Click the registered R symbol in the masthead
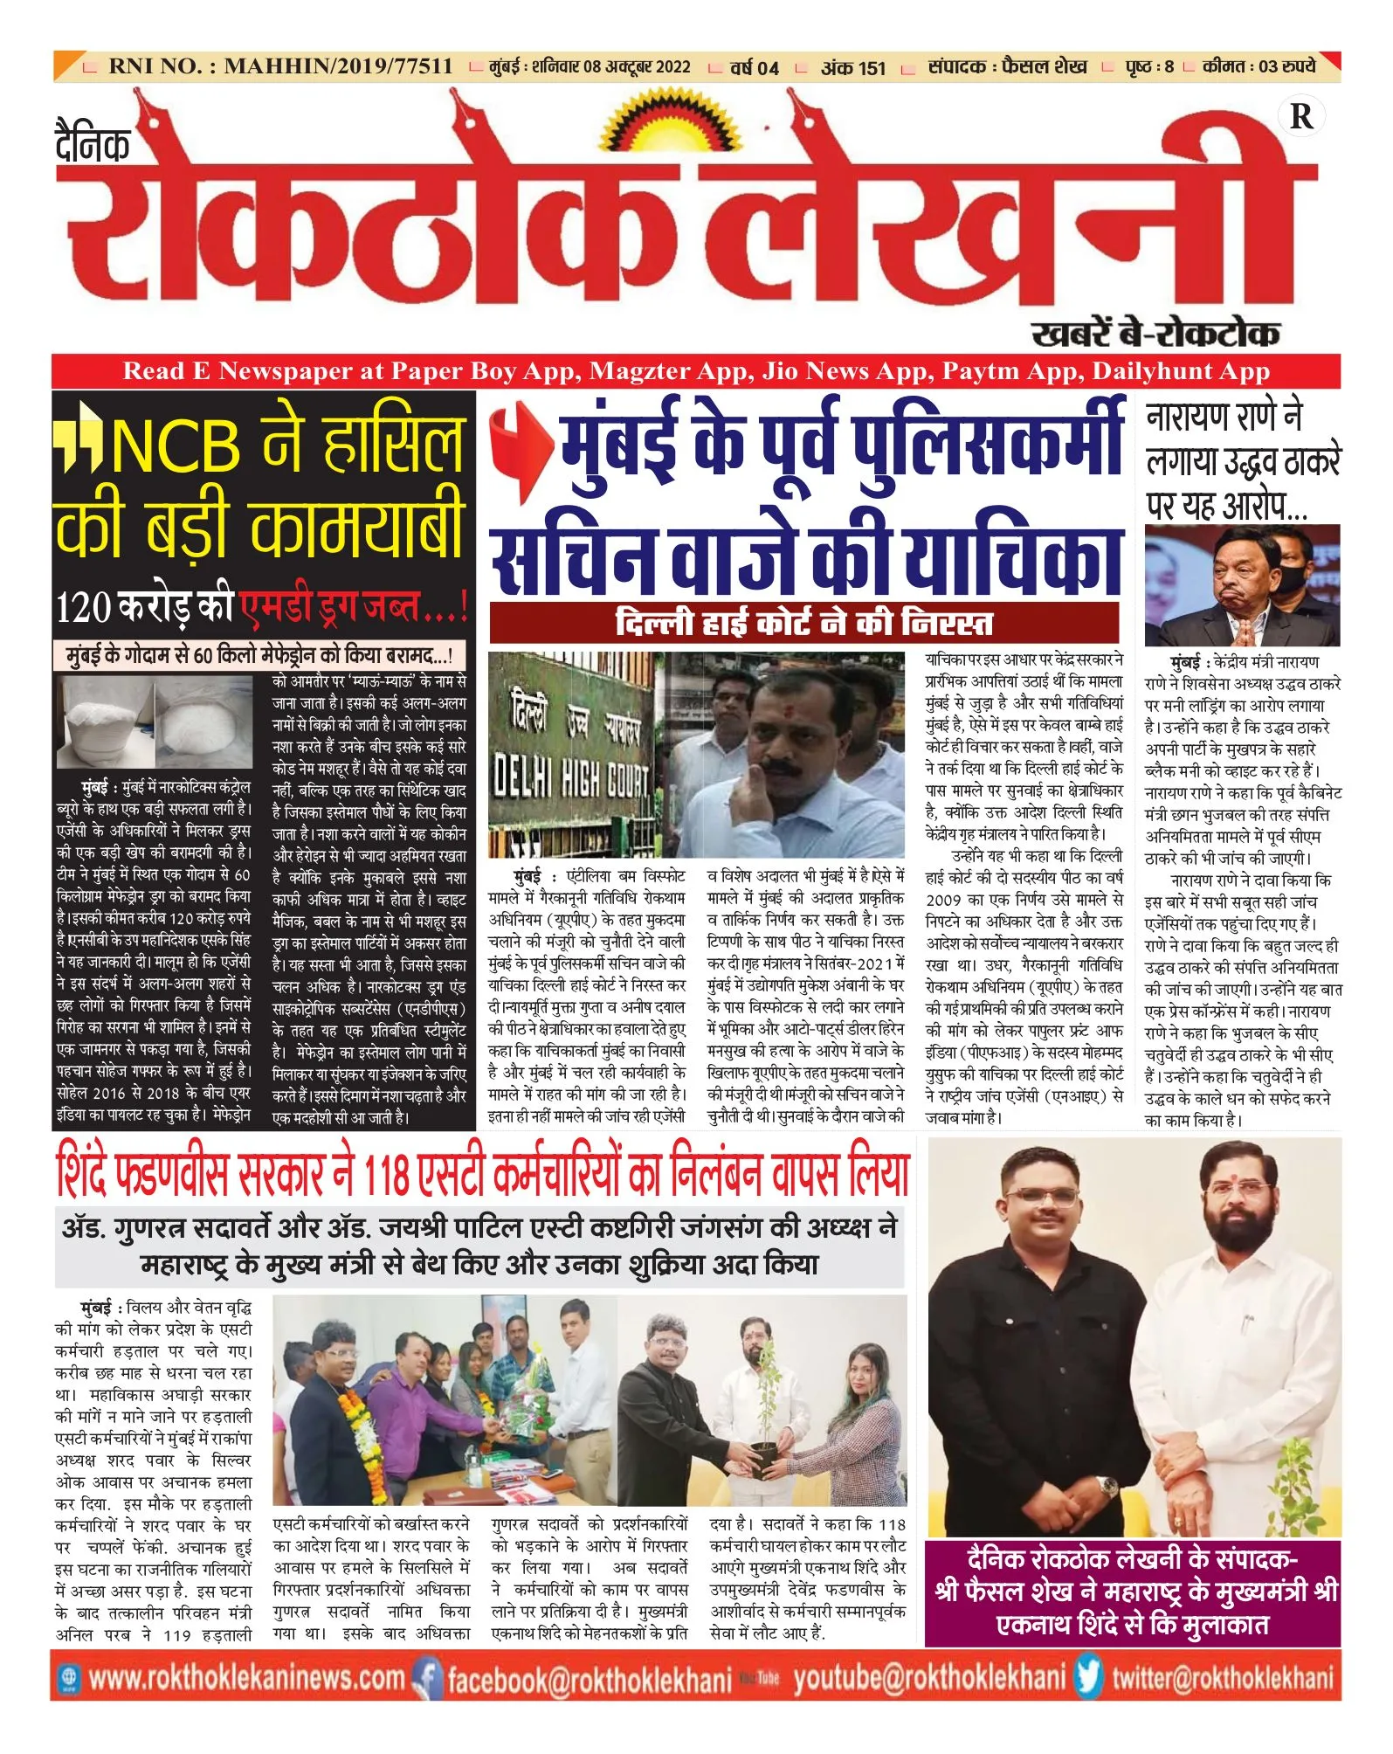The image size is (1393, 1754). (x=1300, y=116)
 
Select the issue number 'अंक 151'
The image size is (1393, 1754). (x=852, y=67)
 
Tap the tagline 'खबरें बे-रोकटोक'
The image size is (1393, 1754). (x=1155, y=333)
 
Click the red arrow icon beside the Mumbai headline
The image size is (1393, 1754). (x=521, y=445)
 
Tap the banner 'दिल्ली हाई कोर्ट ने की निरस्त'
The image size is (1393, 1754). (x=803, y=622)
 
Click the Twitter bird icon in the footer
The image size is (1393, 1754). (x=1089, y=1678)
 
